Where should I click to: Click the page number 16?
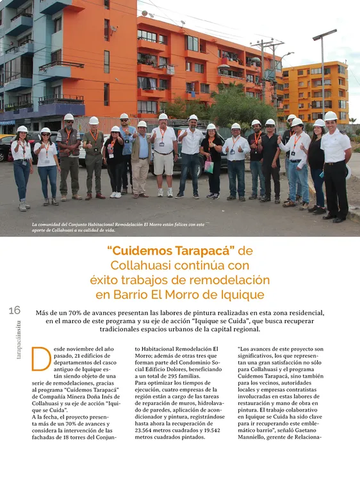click(x=15, y=310)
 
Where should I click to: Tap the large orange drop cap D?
click(x=40, y=358)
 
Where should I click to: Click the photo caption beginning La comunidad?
click(x=119, y=227)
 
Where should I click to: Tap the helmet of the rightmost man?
click(x=331, y=116)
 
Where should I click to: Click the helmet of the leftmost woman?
click(x=22, y=129)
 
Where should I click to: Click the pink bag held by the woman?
click(x=209, y=164)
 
